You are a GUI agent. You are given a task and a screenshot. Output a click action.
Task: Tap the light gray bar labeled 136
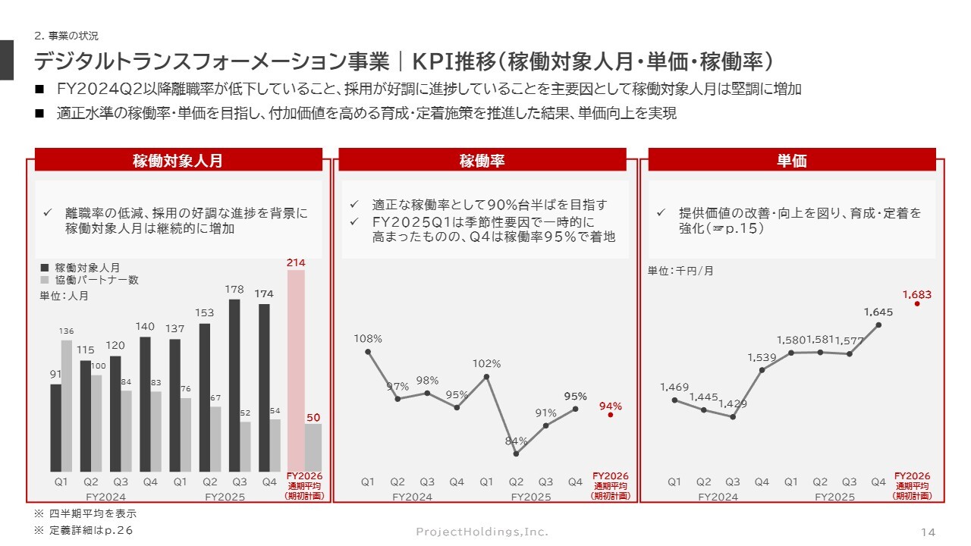pos(67,406)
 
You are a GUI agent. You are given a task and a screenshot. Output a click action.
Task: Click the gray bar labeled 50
pos(313,447)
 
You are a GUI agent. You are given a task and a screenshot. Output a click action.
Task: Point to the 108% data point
pos(368,351)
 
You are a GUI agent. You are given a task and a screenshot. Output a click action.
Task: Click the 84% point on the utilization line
pos(516,453)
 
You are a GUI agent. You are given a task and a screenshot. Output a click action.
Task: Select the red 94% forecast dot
pos(610,416)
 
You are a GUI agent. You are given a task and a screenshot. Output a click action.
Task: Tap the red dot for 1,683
pos(917,303)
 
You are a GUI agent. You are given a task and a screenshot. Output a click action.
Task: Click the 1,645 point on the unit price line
pos(878,325)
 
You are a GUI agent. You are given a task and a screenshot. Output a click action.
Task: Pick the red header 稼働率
pos(482,160)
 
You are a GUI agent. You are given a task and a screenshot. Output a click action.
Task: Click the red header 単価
pos(791,160)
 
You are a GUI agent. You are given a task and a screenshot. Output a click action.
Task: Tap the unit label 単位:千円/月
pos(680,271)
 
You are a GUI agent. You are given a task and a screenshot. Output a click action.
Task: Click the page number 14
pos(928,532)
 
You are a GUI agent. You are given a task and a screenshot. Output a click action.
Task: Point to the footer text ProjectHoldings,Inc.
pos(482,532)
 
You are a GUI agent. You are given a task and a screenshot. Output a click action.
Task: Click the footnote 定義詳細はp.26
pos(84,530)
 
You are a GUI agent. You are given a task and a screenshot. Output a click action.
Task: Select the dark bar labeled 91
pos(55,428)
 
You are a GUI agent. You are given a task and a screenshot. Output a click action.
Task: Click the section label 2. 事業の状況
pos(67,36)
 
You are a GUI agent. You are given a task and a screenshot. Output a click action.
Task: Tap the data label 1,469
pos(674,388)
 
